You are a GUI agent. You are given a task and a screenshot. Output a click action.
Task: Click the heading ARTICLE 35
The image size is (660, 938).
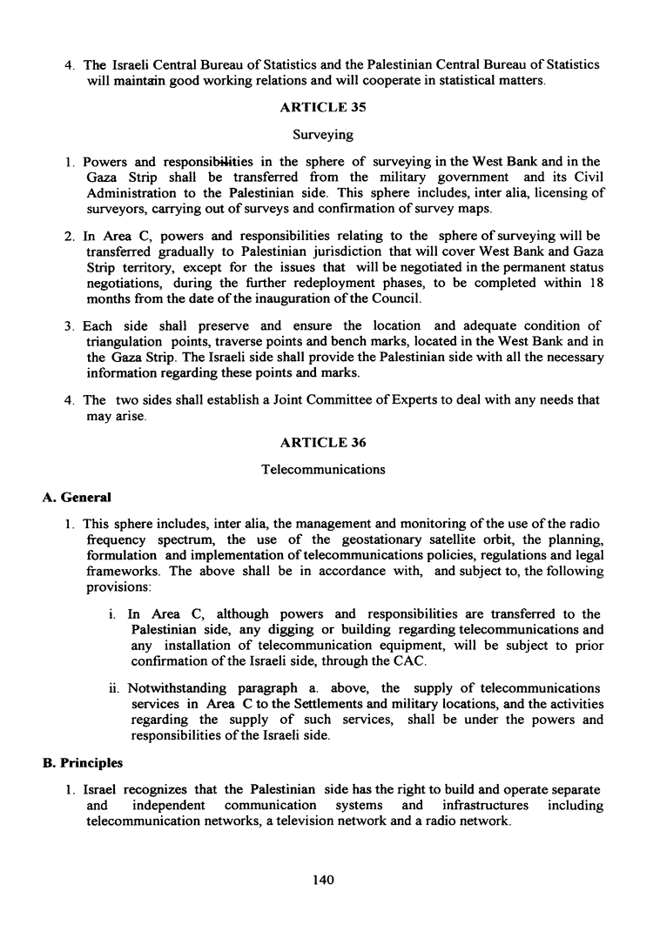tap(322, 109)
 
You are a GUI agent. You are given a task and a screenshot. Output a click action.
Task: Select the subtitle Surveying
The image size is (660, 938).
tap(322, 135)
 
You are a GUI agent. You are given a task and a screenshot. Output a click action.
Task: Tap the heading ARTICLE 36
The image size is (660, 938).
tap(322, 443)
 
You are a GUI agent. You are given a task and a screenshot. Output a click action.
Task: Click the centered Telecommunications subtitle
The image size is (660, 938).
tap(322, 470)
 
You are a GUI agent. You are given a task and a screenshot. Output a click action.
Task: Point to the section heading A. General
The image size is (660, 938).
tap(77, 498)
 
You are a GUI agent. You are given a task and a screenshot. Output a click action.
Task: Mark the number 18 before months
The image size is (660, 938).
tap(596, 284)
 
